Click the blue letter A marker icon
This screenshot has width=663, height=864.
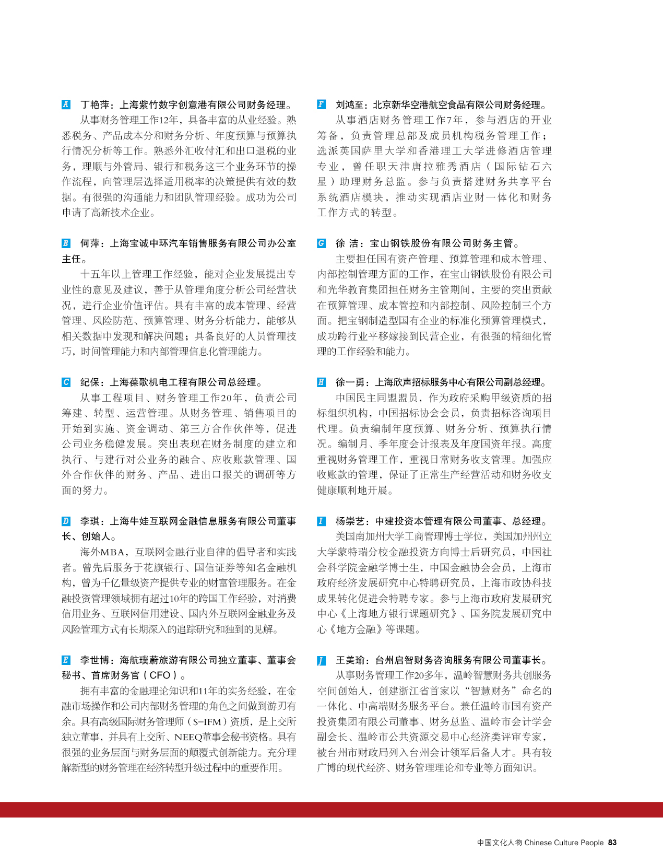point(66,104)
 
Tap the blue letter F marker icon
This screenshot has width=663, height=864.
point(321,104)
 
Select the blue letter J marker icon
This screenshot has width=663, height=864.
point(321,660)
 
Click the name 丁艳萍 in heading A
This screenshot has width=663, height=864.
point(95,104)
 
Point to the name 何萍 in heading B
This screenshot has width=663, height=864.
point(90,243)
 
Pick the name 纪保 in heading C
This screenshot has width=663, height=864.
point(90,382)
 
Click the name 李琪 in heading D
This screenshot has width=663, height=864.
point(90,521)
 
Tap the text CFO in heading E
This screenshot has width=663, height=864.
point(160,675)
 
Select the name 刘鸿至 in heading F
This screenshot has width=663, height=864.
point(350,104)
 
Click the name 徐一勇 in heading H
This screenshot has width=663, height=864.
point(350,382)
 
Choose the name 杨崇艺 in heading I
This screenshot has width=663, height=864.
point(350,521)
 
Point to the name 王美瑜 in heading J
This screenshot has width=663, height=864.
point(350,660)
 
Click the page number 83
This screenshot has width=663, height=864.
point(612,843)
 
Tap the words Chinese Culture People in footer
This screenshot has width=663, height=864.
point(563,843)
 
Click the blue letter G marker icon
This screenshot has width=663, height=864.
point(321,243)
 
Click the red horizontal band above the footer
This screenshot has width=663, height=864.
point(331,810)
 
